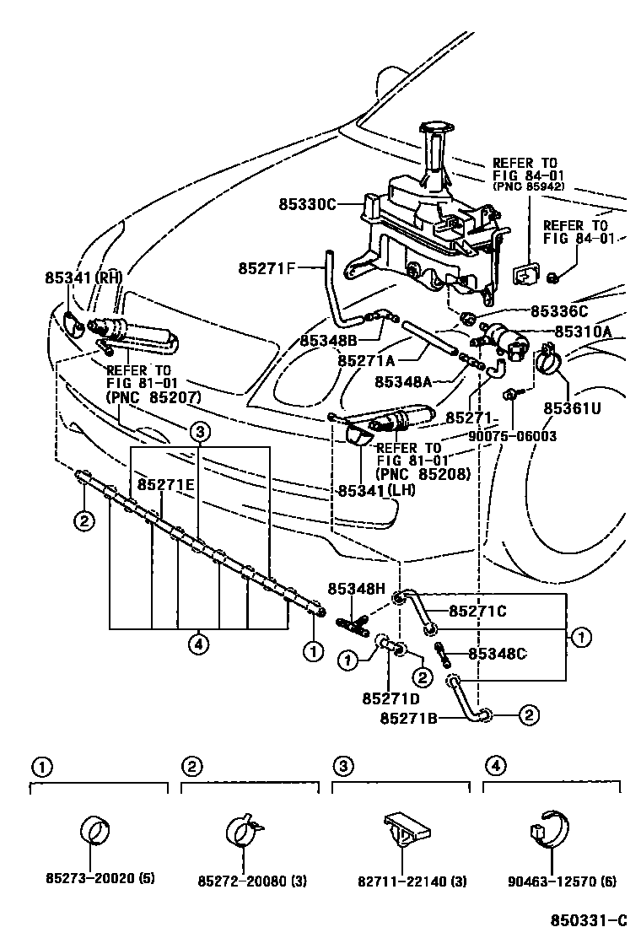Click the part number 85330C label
(308, 204)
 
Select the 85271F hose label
(267, 269)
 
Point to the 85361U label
(572, 408)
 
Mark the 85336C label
(558, 310)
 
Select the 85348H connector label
(357, 588)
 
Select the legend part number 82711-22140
(401, 881)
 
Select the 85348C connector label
(498, 653)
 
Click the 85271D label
(391, 698)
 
